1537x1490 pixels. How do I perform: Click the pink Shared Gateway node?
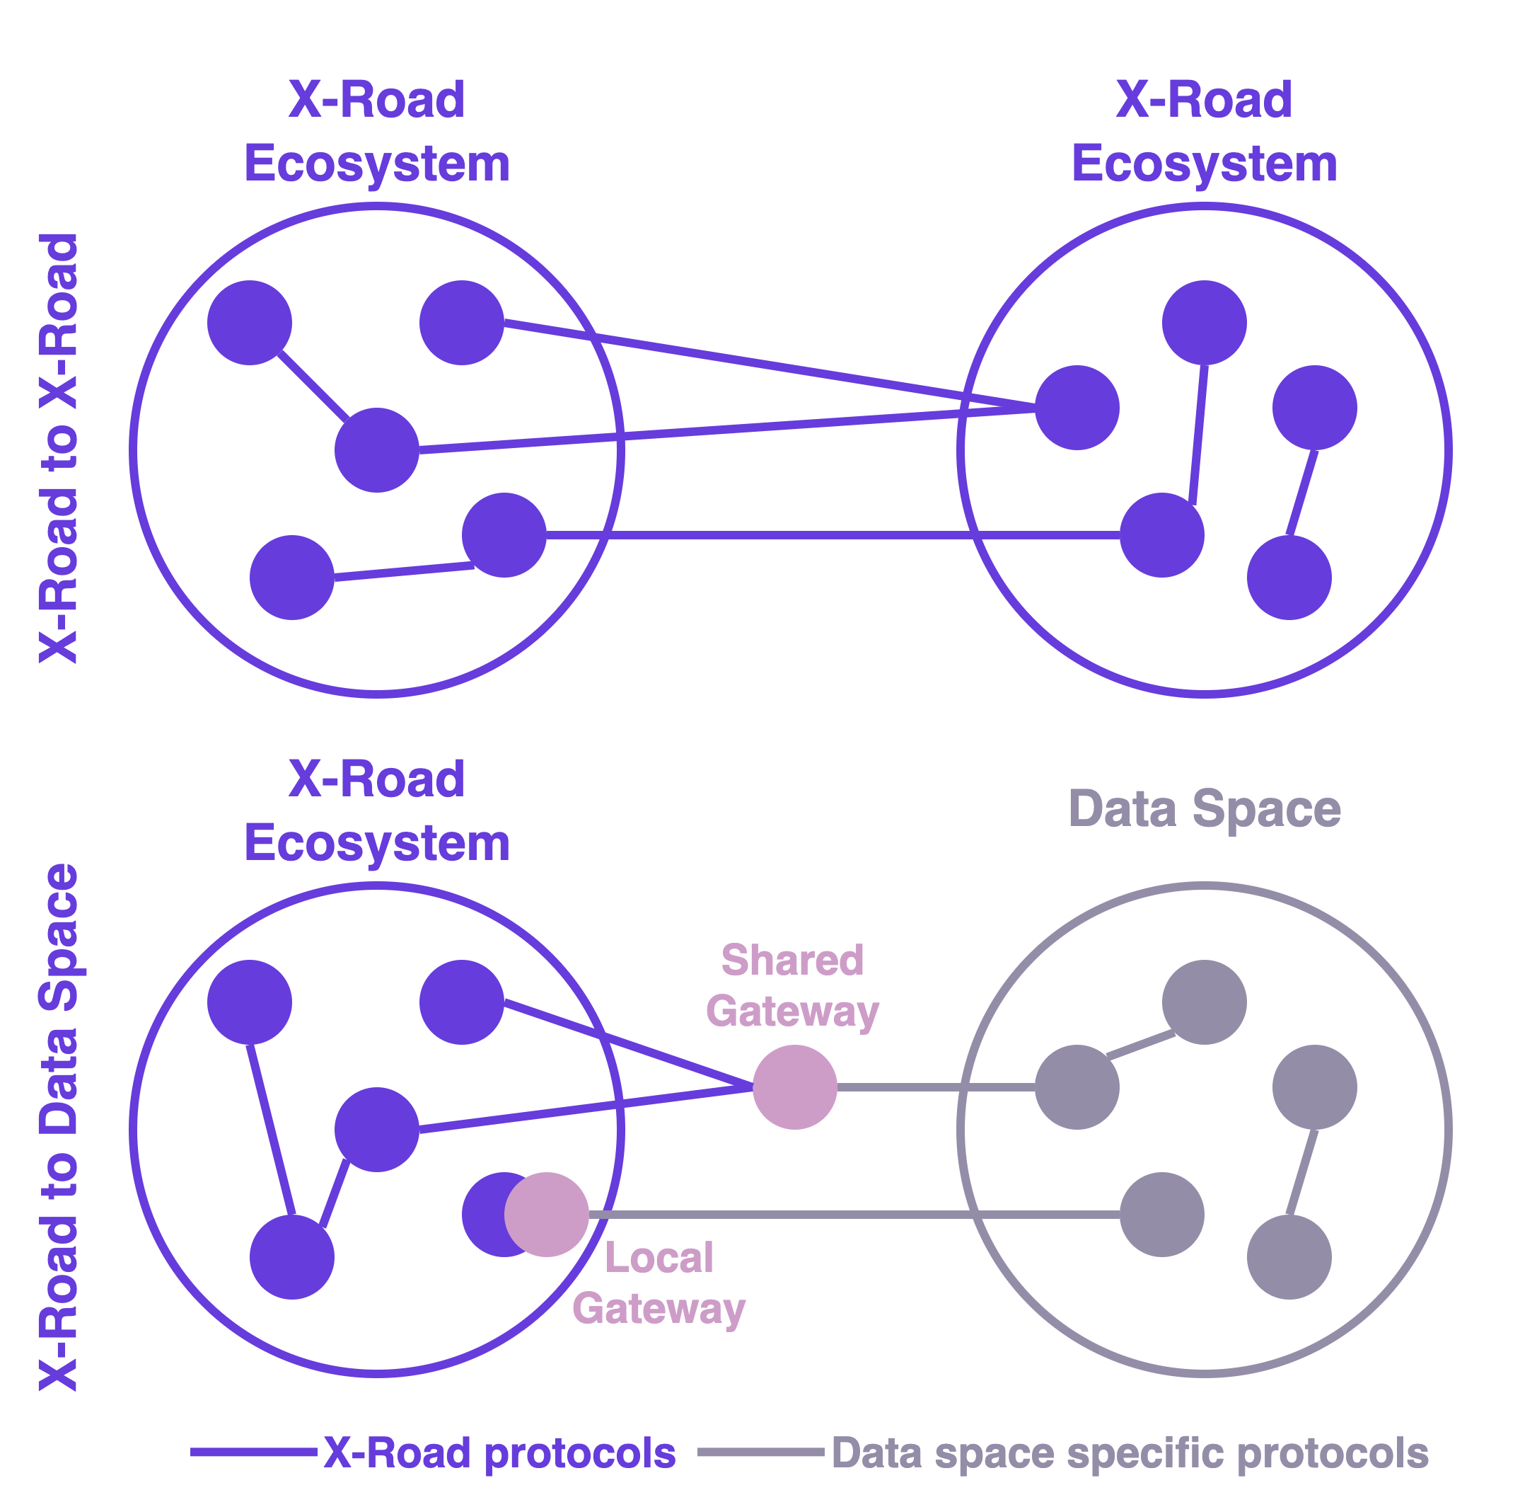point(794,1087)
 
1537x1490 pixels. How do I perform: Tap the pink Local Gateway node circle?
point(547,1215)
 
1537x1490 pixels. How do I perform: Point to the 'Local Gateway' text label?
point(659,1283)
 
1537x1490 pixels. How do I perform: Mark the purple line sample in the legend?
point(253,1452)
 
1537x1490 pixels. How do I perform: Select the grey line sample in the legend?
point(760,1452)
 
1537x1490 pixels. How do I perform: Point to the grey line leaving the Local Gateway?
point(854,1215)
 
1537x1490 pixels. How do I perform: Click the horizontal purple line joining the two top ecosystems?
point(831,535)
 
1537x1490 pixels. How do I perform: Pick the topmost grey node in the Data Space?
point(1205,1002)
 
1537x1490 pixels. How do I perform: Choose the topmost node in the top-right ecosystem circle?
point(1205,323)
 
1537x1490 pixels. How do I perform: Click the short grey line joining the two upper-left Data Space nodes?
point(1141,1044)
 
